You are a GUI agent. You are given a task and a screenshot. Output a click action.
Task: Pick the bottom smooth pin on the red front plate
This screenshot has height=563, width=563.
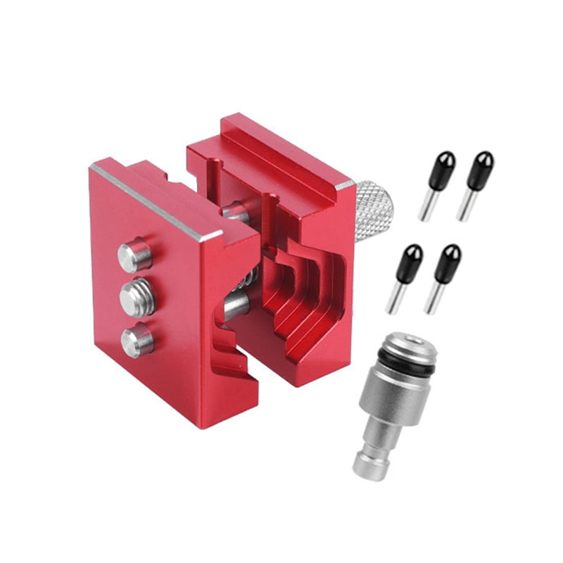(x=137, y=341)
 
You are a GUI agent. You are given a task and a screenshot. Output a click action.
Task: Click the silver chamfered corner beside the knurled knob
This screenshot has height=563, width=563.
(x=345, y=184)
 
